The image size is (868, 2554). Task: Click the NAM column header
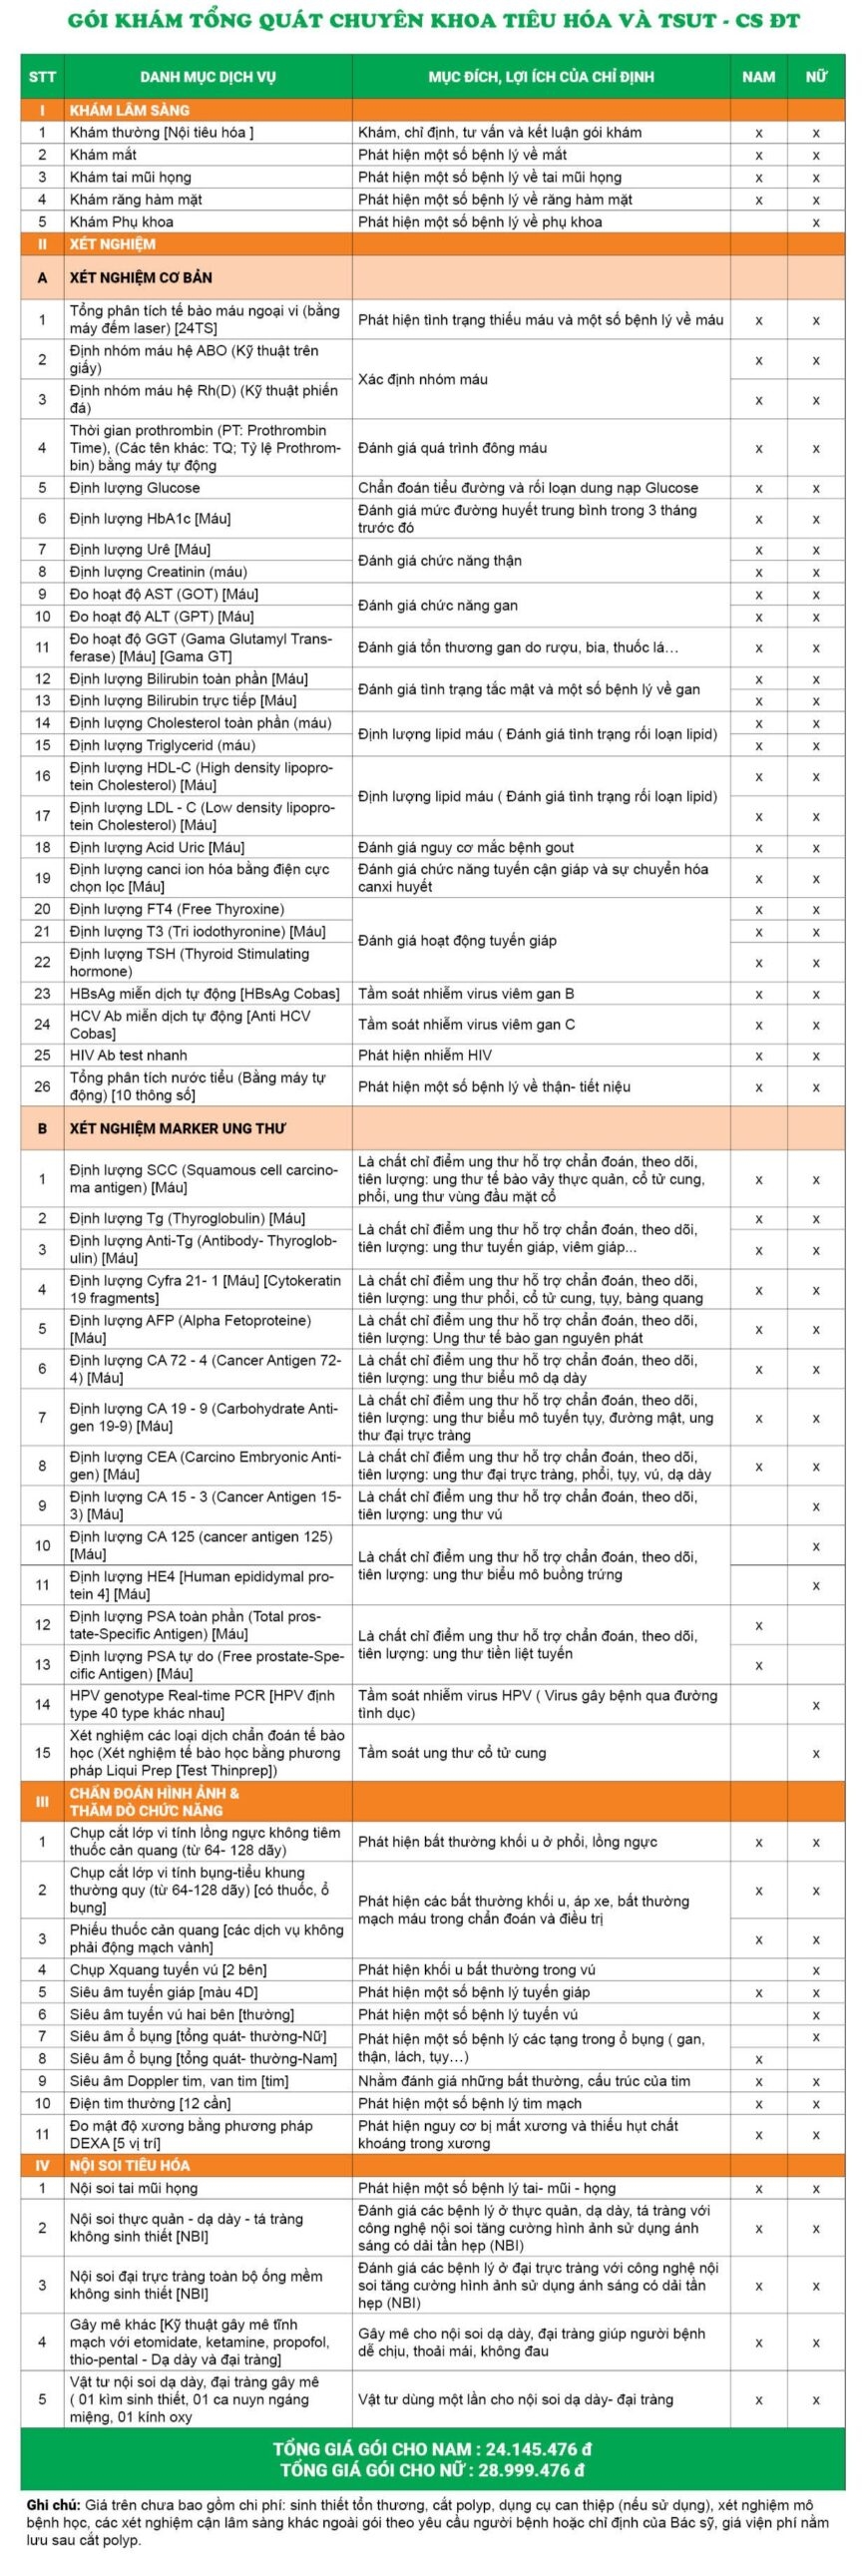pos(758,77)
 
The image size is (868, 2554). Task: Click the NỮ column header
pos(815,77)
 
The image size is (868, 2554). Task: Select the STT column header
pos(42,77)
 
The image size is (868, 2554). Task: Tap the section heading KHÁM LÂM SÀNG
pos(130,110)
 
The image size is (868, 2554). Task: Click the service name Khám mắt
pos(103,155)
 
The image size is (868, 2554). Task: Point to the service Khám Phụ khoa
pos(121,221)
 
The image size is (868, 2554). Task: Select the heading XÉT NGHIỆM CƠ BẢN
pos(141,277)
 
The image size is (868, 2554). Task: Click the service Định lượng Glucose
pos(135,488)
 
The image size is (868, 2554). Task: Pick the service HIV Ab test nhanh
pos(129,1055)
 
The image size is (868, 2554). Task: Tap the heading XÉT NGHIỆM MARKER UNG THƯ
pos(178,1128)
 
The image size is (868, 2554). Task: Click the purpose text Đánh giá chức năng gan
pos(438,606)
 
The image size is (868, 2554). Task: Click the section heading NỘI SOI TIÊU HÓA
pos(129,2209)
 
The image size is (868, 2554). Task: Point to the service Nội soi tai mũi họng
pos(134,2232)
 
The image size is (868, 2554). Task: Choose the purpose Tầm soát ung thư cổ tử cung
pos(452,1752)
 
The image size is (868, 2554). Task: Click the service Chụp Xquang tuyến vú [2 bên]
pos(168,1969)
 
